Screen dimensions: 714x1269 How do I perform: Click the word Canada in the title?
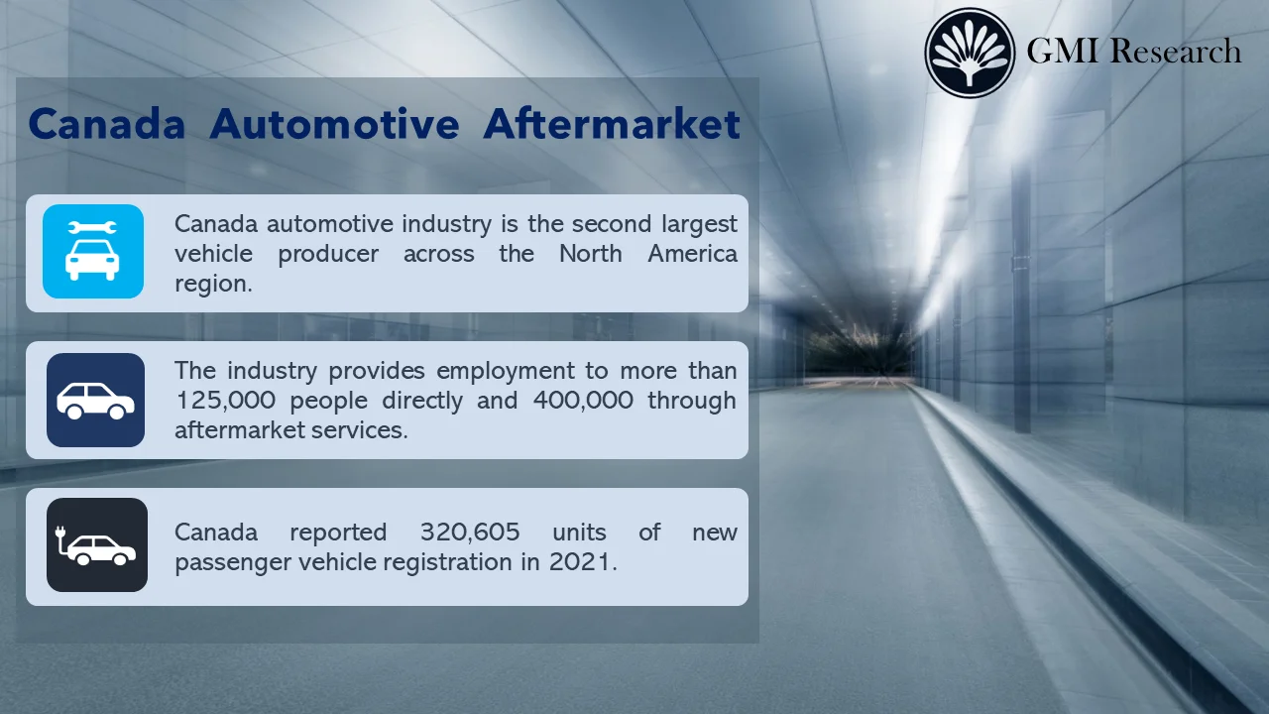point(107,125)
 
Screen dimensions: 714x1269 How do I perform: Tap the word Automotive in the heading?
point(334,125)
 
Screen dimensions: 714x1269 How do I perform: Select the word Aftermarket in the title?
point(612,125)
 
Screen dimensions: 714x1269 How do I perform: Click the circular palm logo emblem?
point(970,53)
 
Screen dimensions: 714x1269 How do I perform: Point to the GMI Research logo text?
point(1133,51)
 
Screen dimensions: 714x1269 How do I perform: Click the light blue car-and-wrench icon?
point(93,252)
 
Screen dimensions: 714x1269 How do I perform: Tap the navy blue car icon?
point(95,400)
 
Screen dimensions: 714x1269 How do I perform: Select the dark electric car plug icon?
point(97,545)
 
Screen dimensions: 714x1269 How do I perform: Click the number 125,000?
point(223,401)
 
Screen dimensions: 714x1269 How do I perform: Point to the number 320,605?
point(470,533)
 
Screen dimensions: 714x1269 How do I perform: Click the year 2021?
point(582,562)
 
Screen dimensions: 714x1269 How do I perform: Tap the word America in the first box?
point(692,254)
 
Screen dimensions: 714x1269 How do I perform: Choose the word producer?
point(328,254)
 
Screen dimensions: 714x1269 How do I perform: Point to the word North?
point(590,254)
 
